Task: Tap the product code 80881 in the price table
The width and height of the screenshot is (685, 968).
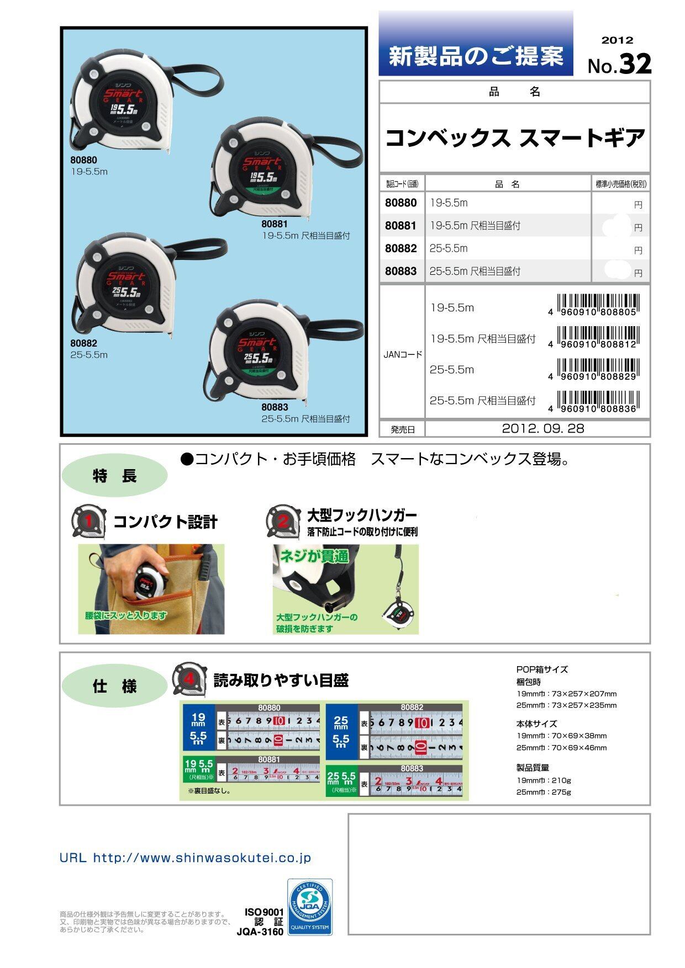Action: click(x=401, y=226)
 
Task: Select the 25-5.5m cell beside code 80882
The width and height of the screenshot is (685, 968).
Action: click(x=449, y=248)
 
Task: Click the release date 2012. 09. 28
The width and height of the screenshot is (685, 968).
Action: click(x=543, y=428)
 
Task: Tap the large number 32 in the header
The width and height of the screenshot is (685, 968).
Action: click(x=635, y=64)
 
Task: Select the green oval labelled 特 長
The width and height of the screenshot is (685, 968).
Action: click(x=114, y=476)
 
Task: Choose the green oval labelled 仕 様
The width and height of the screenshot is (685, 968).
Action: click(x=114, y=687)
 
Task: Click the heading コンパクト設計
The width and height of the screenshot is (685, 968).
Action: click(x=165, y=522)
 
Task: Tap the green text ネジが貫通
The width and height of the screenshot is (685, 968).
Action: click(x=313, y=556)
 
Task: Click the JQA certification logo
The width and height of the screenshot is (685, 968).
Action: click(x=310, y=907)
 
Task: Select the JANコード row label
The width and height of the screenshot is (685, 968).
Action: click(x=402, y=354)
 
